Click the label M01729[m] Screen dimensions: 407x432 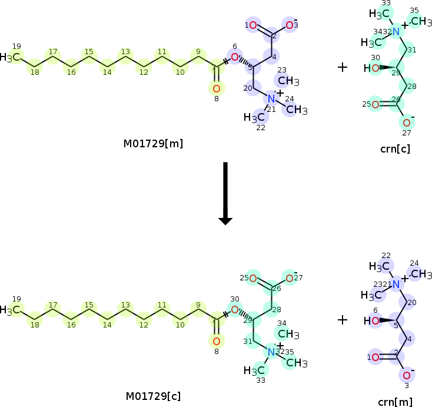coord(153,143)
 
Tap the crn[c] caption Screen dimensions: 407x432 coord(396,149)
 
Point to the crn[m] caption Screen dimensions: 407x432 coord(395,402)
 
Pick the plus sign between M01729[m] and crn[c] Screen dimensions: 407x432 coord(343,67)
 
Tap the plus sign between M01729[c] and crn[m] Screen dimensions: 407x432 coord(343,320)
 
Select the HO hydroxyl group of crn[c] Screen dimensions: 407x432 coord(371,68)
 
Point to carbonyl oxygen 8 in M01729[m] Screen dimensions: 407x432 coord(216,88)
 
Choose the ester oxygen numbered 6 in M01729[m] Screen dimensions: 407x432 coord(234,57)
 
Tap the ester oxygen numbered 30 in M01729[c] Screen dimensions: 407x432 coord(234,310)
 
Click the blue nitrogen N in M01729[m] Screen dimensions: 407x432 coord(271,98)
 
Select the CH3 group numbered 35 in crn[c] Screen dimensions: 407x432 coord(417,22)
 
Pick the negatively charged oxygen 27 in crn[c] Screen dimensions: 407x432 coord(406,123)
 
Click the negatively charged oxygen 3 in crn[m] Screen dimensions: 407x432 coord(406,375)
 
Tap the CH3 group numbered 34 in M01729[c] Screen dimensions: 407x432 coord(288,335)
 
